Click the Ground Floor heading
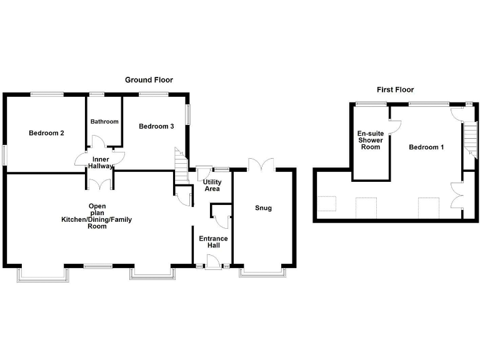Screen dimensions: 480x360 (x=149, y=80)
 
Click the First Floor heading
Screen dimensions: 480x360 (x=395, y=90)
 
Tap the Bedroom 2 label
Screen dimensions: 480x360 (x=47, y=133)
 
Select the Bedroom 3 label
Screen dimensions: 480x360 (x=156, y=127)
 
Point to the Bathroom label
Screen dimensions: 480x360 (x=104, y=122)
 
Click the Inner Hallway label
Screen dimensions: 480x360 (x=101, y=163)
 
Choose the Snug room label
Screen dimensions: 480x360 (x=263, y=208)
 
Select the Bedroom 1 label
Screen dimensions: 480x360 (x=426, y=148)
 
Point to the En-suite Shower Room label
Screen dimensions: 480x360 (x=369, y=140)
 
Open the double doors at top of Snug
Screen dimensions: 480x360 (x=261, y=164)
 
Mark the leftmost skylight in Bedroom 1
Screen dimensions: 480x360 (x=326, y=205)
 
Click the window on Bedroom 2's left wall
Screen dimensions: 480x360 (x=4, y=155)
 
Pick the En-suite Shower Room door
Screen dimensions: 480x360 (x=393, y=126)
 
